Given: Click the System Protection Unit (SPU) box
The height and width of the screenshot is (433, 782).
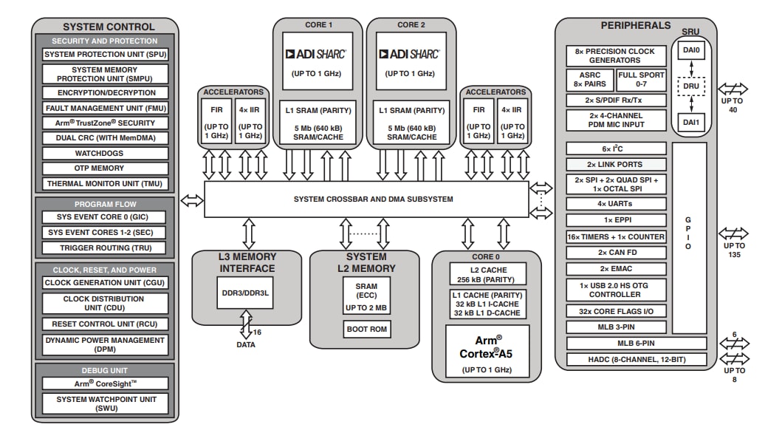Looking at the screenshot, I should click(x=105, y=55).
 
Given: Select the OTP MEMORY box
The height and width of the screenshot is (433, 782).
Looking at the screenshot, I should click(x=105, y=168).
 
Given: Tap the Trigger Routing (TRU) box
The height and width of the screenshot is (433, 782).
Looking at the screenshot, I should click(x=105, y=248).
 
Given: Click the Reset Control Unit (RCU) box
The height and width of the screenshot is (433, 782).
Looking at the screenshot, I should click(x=105, y=324).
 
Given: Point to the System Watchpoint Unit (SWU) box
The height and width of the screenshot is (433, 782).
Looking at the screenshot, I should click(x=105, y=403).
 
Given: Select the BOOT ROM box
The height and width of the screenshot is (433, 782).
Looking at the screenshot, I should click(x=367, y=330).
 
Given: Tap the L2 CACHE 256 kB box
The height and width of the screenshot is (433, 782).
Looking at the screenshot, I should click(x=488, y=275).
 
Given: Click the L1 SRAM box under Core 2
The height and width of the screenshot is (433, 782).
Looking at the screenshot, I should click(x=411, y=123).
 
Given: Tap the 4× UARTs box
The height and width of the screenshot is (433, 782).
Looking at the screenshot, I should click(x=616, y=204).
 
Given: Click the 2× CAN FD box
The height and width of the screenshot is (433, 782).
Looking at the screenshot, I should click(x=616, y=253).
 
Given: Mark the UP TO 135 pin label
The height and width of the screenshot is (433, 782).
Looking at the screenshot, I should click(x=734, y=250).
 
